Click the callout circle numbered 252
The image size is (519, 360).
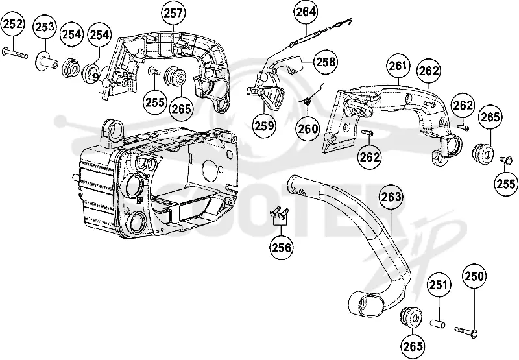(x=12, y=24)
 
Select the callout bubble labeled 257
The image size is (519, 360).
(x=173, y=13)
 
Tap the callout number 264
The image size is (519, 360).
(x=306, y=12)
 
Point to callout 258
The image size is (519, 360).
(x=326, y=62)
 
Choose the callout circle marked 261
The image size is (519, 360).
(x=398, y=66)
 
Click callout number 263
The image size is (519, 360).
(x=391, y=197)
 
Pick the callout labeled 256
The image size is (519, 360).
(x=282, y=247)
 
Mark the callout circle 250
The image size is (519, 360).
(x=475, y=276)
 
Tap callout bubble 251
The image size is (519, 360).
(x=439, y=285)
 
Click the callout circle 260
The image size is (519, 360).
(x=308, y=128)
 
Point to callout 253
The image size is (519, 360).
(x=45, y=27)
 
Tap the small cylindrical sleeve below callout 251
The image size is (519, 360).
(x=437, y=323)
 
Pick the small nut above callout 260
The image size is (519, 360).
(x=307, y=102)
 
